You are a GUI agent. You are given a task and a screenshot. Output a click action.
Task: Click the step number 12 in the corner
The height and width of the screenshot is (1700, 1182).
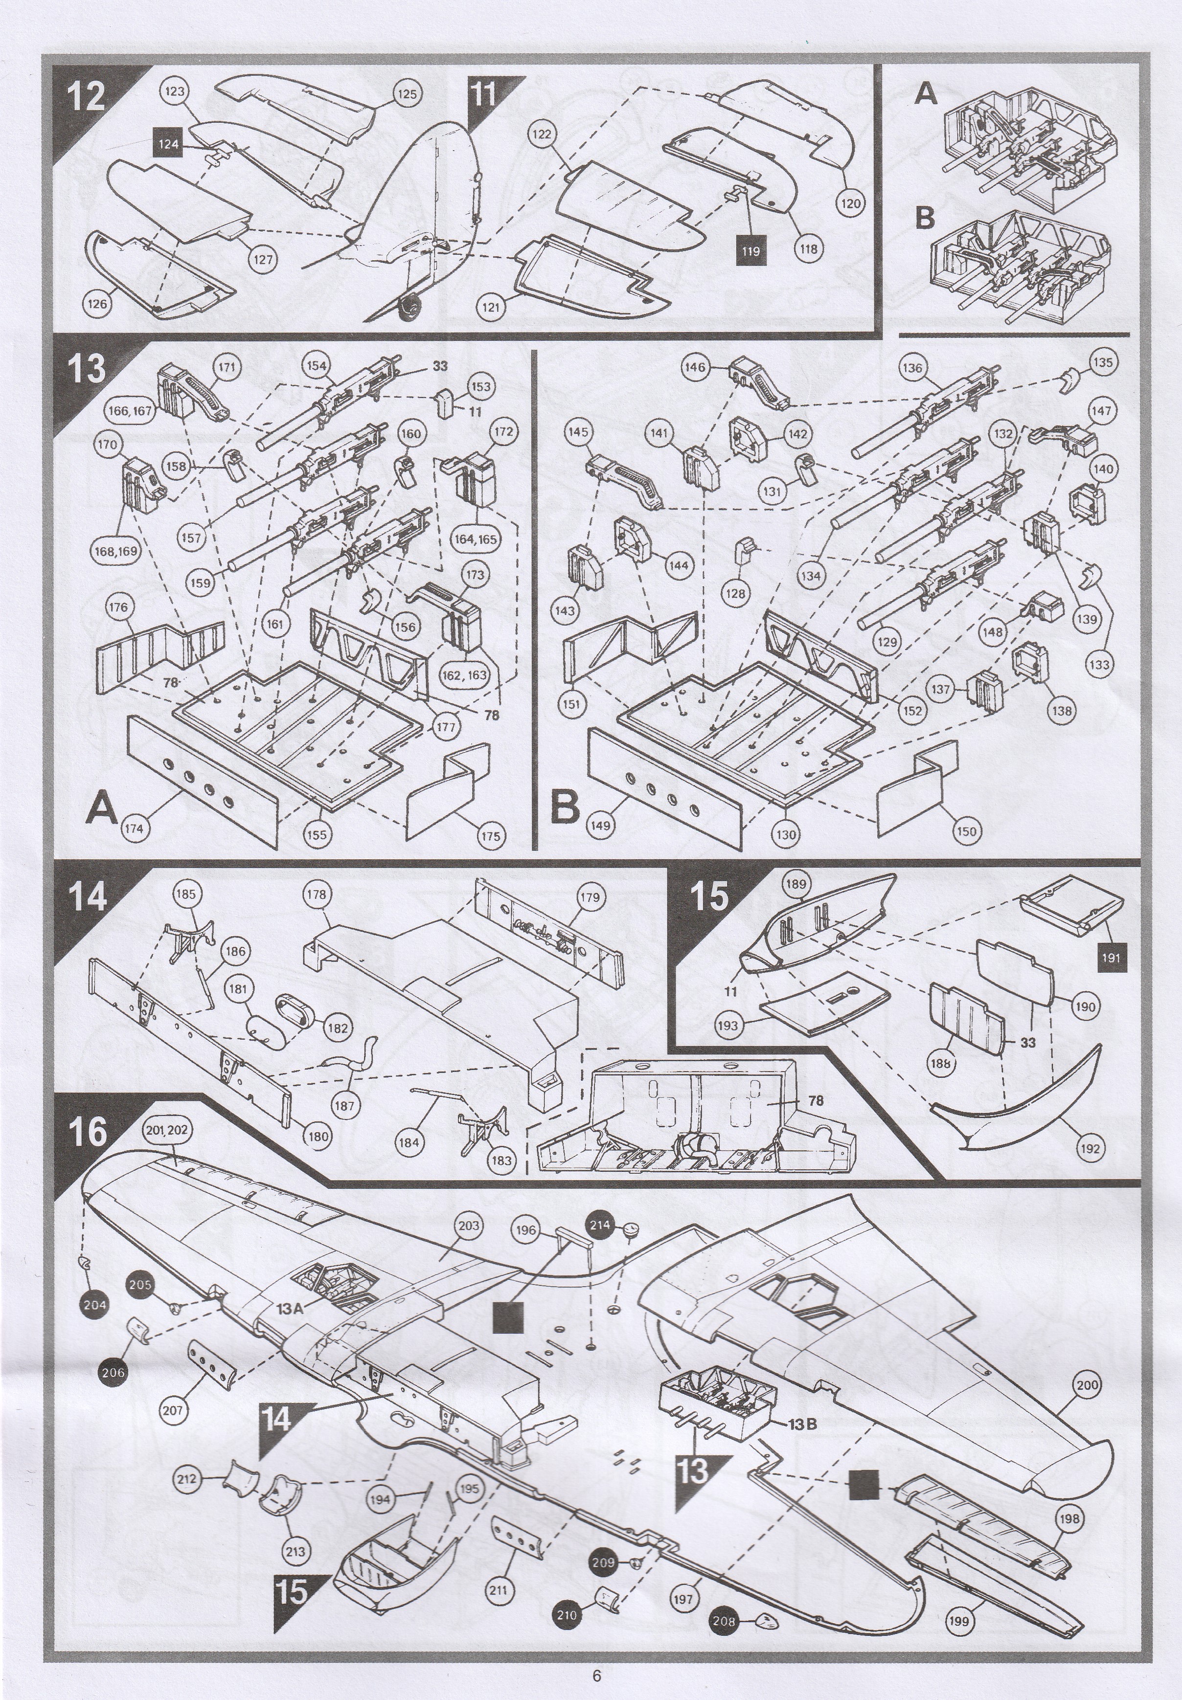click(x=87, y=96)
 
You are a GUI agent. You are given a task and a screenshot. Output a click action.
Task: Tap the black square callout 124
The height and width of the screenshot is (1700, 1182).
click(x=169, y=144)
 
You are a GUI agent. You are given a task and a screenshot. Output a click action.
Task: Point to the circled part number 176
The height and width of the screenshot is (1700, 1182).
click(x=118, y=607)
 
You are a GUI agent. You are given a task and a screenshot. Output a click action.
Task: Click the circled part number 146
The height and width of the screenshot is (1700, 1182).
click(x=695, y=367)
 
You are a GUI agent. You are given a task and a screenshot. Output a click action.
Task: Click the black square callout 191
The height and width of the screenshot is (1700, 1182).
click(x=1111, y=958)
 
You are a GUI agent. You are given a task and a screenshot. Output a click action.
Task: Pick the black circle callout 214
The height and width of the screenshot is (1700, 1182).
click(x=600, y=1225)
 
